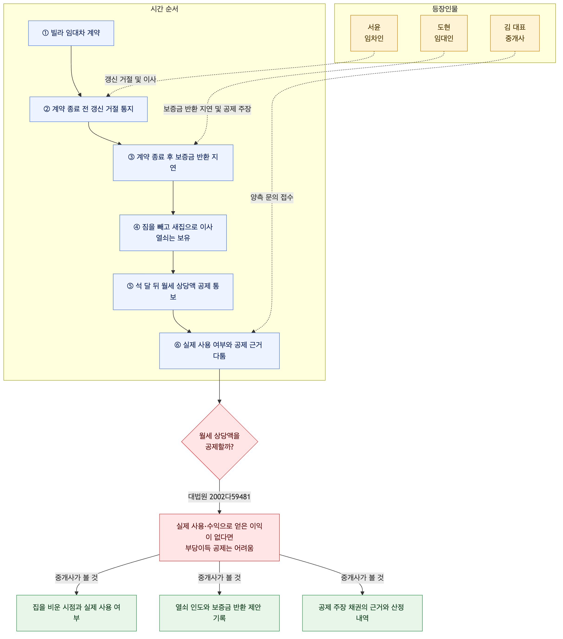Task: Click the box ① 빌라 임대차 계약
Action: click(x=71, y=33)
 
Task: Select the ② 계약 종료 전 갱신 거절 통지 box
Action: click(x=88, y=109)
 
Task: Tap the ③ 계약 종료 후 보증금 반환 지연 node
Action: click(x=173, y=163)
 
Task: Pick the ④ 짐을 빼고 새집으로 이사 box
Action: click(x=173, y=232)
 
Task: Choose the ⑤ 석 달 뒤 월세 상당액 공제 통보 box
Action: click(x=173, y=292)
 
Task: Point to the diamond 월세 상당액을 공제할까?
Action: click(x=220, y=441)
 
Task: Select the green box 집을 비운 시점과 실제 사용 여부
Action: click(x=76, y=613)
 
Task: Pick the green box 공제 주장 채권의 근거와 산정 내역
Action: click(x=362, y=613)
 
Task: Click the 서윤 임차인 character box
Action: click(x=374, y=33)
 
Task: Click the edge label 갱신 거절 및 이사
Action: click(x=130, y=79)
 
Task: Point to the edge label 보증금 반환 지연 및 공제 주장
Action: click(x=207, y=109)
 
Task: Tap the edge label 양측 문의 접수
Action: click(x=272, y=197)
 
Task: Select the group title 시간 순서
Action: click(x=165, y=9)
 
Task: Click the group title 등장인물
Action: click(x=445, y=9)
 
